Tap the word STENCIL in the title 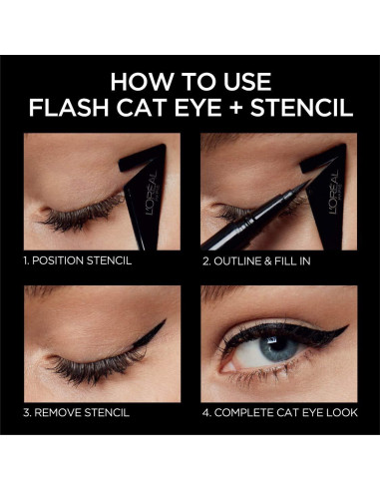point(301,107)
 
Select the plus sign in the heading point(236,108)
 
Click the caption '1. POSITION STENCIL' point(78,260)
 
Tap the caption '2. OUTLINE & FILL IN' point(256,260)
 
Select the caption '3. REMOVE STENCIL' point(76,412)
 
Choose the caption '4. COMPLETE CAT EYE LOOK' point(280,412)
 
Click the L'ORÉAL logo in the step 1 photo point(152,193)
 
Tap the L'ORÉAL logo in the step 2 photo point(333,192)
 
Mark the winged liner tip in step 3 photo point(165,321)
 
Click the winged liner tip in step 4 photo point(346,326)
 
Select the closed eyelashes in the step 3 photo point(97,366)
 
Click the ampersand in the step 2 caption point(267,261)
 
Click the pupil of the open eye point(278,345)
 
